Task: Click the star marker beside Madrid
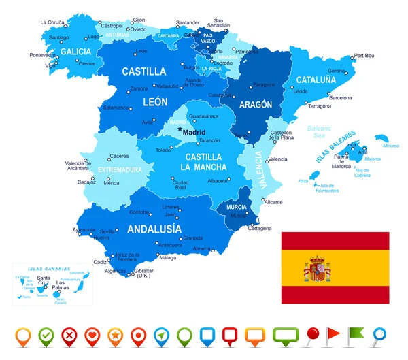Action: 180,129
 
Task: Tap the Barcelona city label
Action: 340,97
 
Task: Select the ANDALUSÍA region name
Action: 154,229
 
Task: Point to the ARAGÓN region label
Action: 255,105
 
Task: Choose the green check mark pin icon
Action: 46,336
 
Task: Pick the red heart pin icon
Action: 92,336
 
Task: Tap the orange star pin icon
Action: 116,336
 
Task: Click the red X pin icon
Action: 69,336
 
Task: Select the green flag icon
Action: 356,334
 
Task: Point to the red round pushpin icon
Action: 312,334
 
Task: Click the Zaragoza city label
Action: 264,85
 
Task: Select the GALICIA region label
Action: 75,51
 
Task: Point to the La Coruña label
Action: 52,22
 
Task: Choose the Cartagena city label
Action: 259,228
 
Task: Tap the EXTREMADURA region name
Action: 120,169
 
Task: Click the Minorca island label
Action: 391,145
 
